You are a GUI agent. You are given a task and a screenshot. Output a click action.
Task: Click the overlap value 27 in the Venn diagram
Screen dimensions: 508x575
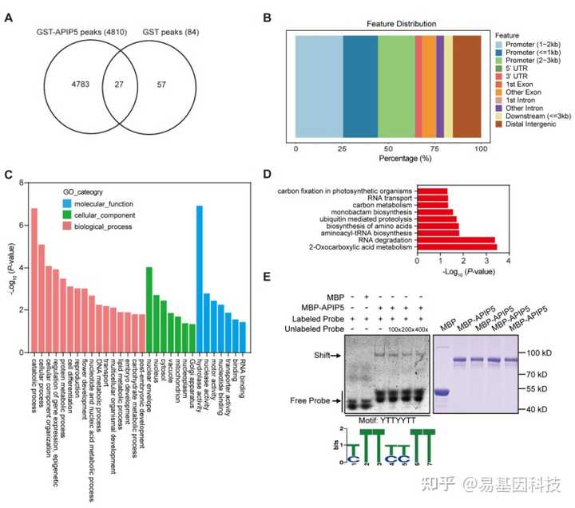[120, 82]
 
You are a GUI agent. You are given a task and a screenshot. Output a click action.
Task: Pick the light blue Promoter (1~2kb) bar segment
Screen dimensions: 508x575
[319, 85]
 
